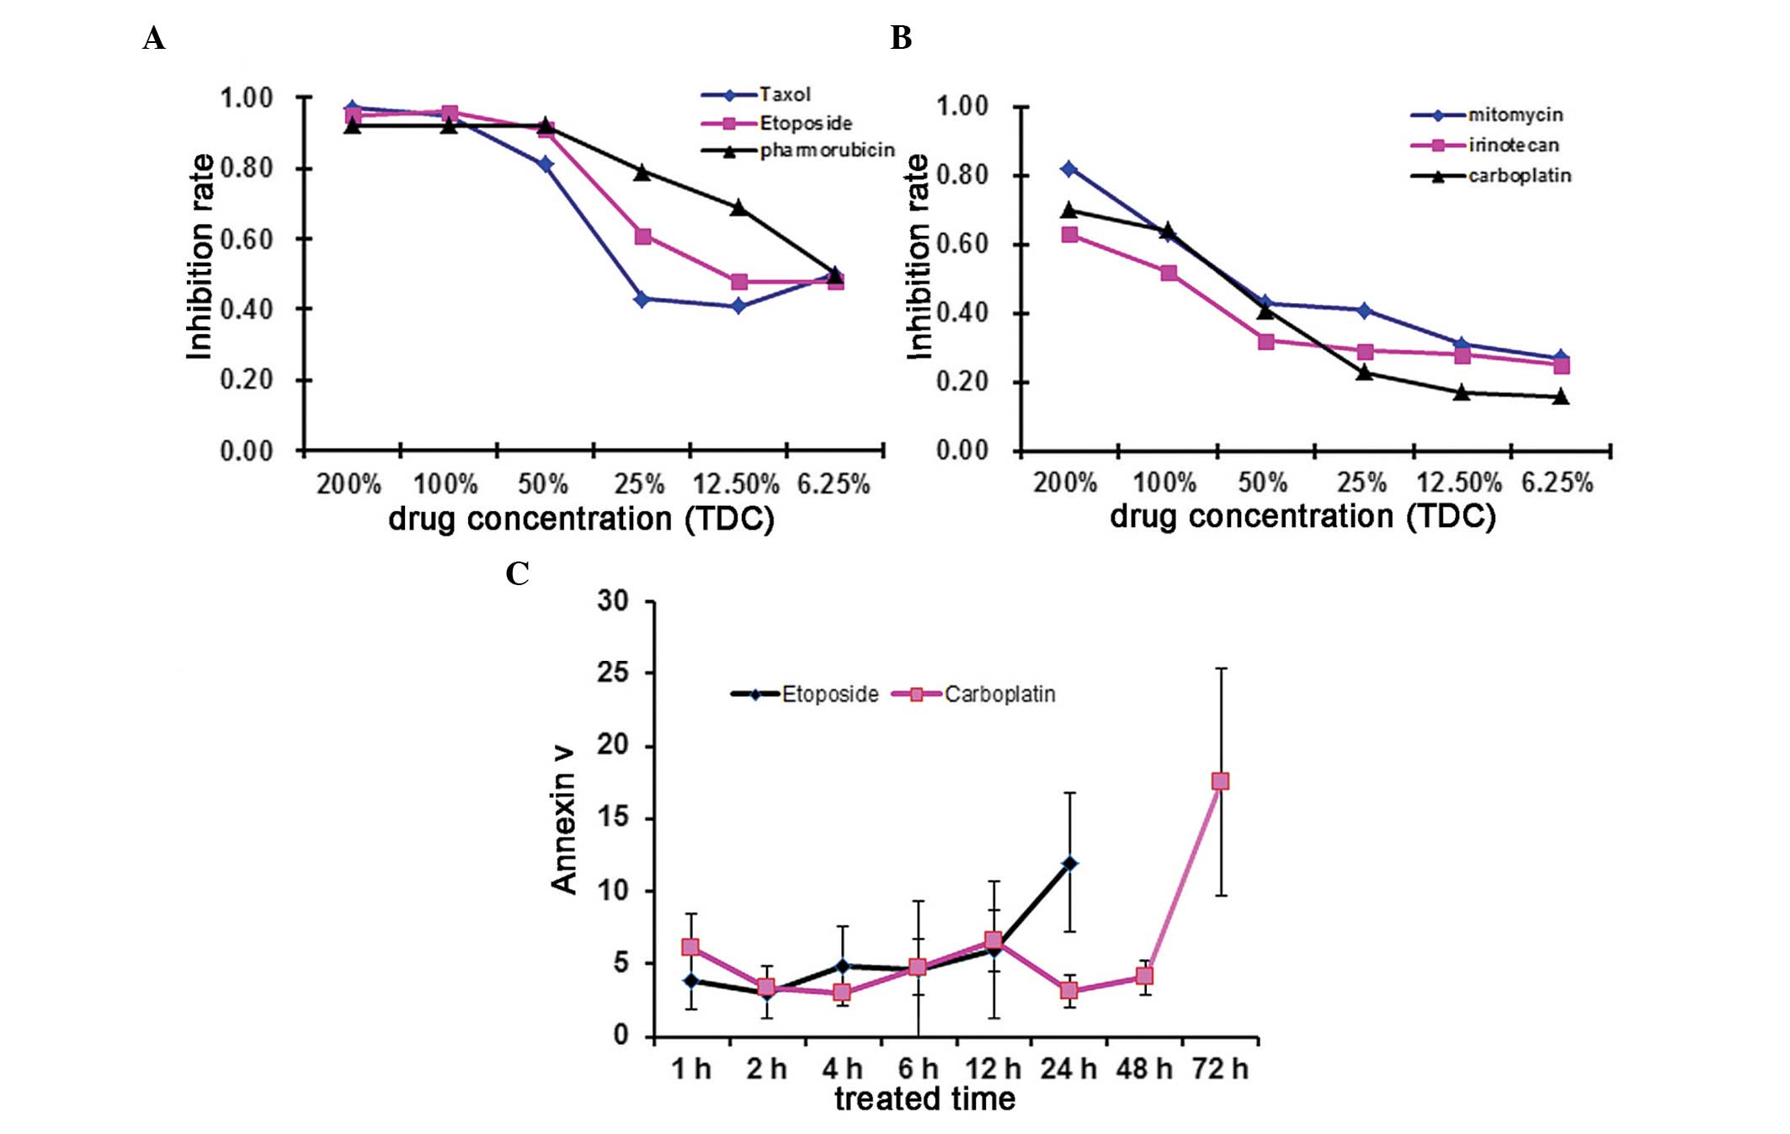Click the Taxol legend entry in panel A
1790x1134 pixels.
[784, 94]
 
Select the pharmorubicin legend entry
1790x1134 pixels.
[826, 151]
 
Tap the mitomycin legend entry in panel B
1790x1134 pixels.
[1515, 115]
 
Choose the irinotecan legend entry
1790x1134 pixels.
[1513, 146]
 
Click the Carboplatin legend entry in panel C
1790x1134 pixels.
[999, 695]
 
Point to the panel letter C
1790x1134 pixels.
[517, 574]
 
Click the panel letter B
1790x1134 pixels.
[901, 39]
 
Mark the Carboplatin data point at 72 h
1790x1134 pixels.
[1220, 781]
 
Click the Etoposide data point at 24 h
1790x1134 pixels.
[1069, 864]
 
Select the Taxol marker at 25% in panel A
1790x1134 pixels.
[642, 299]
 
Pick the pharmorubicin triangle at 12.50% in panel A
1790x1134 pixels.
[738, 207]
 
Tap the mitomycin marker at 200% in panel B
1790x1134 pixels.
[1069, 169]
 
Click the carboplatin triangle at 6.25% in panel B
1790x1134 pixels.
[1560, 397]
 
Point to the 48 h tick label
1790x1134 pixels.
[1144, 1069]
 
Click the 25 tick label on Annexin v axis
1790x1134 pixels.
[613, 673]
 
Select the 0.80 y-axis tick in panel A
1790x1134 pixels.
[247, 168]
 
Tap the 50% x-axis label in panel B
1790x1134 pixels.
[1262, 483]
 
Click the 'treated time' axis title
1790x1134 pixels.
[924, 1099]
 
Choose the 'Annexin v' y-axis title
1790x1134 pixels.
[563, 818]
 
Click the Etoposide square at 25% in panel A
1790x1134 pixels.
[642, 237]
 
